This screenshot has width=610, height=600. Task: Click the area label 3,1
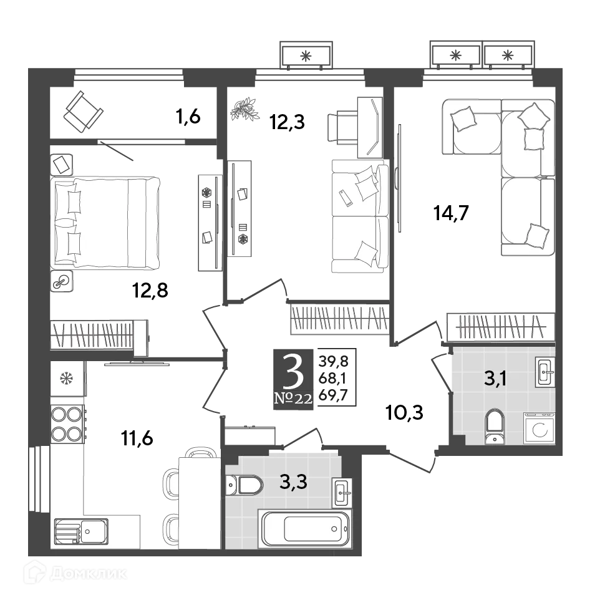tap(496, 377)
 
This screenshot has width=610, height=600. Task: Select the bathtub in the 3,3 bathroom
tap(304, 528)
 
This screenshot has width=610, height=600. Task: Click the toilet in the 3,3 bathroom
tap(244, 484)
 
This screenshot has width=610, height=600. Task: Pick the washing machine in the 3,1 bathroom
tap(539, 429)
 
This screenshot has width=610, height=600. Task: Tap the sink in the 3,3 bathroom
tap(341, 492)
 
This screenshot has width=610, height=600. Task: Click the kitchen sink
tap(80, 532)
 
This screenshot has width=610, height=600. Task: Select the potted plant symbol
tap(244, 110)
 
